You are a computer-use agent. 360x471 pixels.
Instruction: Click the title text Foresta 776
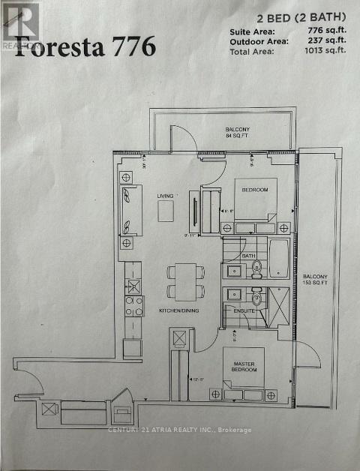point(85,46)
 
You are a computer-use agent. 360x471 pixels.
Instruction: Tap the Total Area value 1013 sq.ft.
point(325,50)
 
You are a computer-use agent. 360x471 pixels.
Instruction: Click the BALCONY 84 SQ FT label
point(238,133)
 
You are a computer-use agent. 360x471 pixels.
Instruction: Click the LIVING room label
point(165,196)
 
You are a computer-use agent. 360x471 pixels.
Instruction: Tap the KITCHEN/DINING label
point(178,310)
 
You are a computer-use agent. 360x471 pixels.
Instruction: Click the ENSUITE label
point(244,310)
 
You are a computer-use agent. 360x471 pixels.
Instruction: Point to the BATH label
point(249,256)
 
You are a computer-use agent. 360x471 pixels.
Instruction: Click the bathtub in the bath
point(277,257)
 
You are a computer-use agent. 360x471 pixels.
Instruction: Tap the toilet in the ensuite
point(256,293)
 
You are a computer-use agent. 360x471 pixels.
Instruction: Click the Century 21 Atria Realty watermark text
point(180,430)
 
